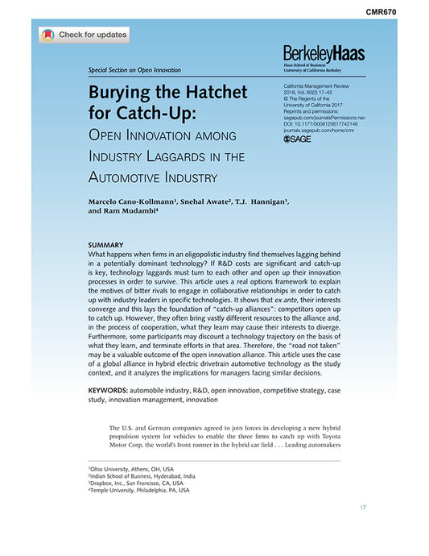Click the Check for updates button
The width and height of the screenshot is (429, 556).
coord(84,35)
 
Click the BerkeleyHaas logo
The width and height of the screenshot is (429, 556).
coord(324,54)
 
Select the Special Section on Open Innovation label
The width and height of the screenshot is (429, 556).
coord(134,70)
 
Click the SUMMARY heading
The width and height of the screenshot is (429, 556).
coord(105,245)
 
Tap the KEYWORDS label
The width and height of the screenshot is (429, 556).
coord(107,390)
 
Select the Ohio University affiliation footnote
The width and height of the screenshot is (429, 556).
coord(130,469)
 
